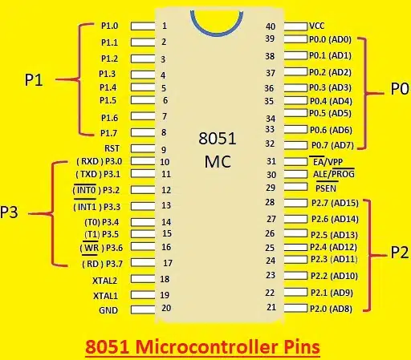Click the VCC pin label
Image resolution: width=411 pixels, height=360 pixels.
pos(317,26)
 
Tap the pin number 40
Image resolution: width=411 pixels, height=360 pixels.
pos(271,26)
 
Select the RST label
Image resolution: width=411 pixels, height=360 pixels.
pos(112,148)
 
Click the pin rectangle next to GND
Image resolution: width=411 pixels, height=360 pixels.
pos(143,309)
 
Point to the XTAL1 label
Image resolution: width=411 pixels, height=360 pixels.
pos(105,296)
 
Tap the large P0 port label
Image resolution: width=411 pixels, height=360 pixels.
pos(400,89)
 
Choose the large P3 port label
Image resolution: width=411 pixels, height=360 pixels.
pos(9,212)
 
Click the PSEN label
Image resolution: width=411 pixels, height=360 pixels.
pos(326,188)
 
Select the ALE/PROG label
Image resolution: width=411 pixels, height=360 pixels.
pos(334,174)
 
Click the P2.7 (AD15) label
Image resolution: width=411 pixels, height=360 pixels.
pos(335,203)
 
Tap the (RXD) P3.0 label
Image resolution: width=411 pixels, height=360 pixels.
pos(100,161)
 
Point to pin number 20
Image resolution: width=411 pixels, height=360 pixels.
pos(166,308)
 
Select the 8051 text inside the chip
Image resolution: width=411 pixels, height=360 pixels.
pos(218,139)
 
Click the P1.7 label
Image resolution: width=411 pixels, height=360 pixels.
pos(108,133)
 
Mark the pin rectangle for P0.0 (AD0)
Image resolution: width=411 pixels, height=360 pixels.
pos(295,39)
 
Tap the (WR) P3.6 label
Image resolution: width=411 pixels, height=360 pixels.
pos(101,248)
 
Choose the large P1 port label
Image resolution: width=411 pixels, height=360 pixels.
pos(34,80)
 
